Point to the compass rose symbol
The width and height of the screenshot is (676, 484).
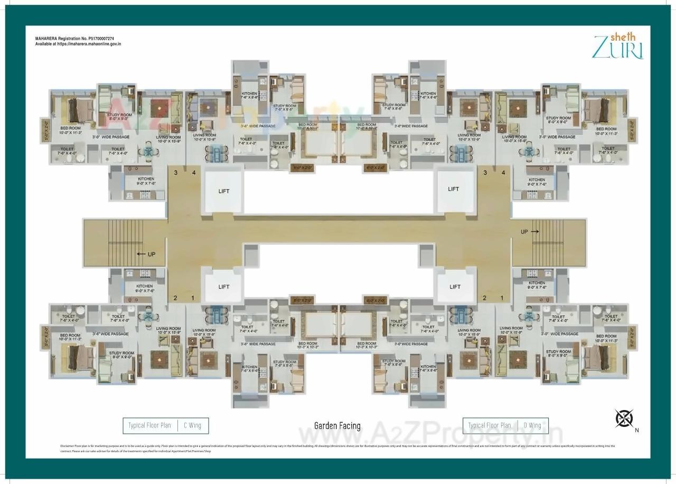tap(624, 418)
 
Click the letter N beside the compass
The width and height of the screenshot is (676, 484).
tap(637, 430)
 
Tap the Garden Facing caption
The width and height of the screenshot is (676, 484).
tap(337, 426)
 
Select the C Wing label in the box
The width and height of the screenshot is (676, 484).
tap(192, 425)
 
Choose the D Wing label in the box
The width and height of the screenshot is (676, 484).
tap(532, 425)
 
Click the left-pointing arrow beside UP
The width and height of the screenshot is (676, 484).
tap(141, 254)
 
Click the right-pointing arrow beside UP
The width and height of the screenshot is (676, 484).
tap(535, 231)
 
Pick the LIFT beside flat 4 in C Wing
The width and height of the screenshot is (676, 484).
tap(224, 191)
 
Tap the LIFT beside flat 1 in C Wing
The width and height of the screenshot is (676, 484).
tap(224, 287)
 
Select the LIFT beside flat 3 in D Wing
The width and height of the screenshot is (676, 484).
tap(453, 189)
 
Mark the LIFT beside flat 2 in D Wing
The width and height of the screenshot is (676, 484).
tap(455, 287)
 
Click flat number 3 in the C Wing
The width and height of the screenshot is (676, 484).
tap(176, 172)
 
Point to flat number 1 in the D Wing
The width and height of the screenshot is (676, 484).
tap(502, 298)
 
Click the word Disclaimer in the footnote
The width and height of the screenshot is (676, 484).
tap(67, 446)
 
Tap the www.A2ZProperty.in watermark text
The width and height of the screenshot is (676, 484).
tap(430, 434)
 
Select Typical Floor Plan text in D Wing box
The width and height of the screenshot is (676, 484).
tap(489, 425)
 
